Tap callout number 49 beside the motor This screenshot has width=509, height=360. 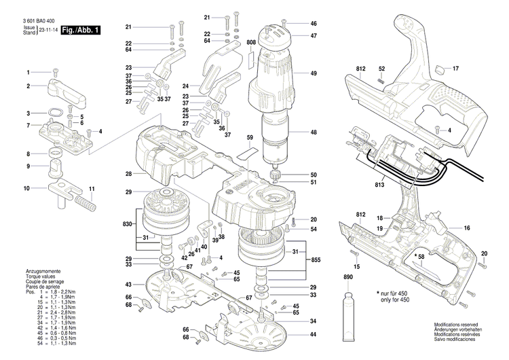[314, 73]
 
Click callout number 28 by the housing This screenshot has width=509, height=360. [128, 175]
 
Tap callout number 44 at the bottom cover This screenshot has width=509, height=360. [313, 335]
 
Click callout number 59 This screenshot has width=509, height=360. [250, 138]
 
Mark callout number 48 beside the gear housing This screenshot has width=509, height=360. [314, 132]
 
